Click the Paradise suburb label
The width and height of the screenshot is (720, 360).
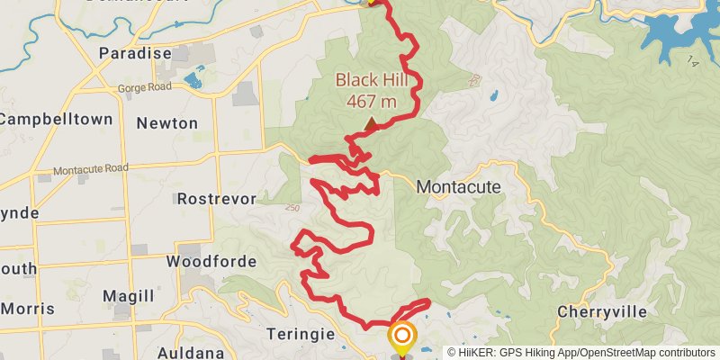[135, 53]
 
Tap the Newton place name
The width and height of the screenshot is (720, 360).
[167, 122]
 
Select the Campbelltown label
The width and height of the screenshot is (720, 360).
[56, 119]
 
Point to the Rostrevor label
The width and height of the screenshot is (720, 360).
[217, 198]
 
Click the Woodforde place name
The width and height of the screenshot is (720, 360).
[211, 262]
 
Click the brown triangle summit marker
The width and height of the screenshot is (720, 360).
[371, 122]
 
